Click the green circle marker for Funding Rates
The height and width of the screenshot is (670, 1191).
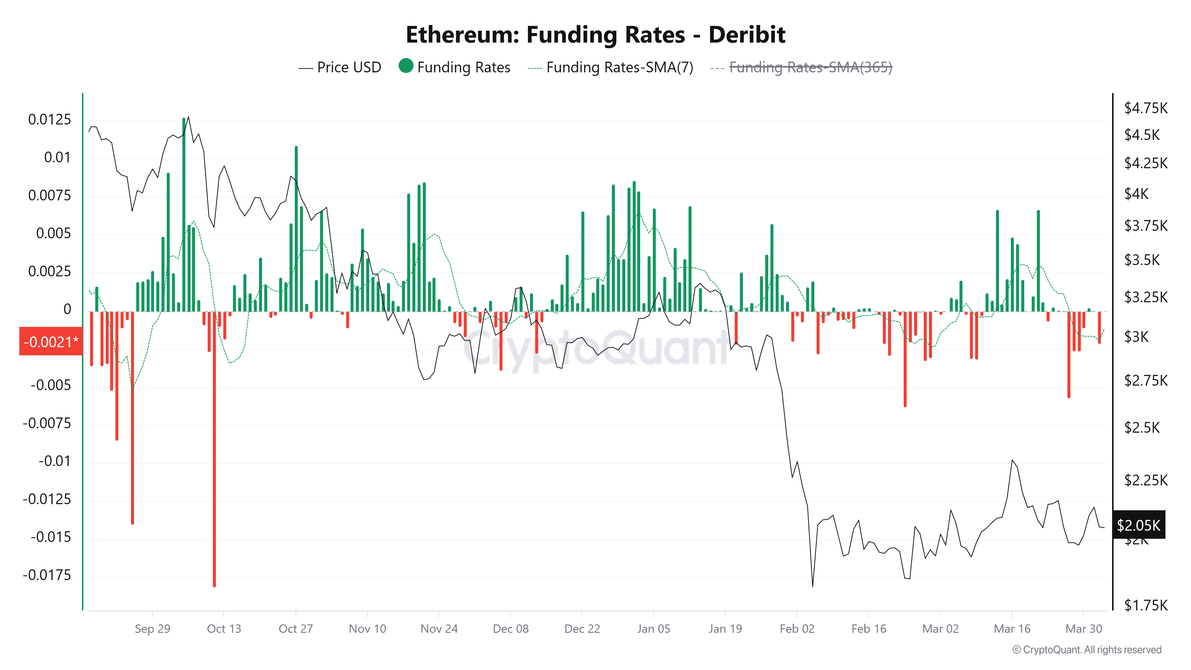[406, 66]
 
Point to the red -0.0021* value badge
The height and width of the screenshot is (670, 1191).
[51, 342]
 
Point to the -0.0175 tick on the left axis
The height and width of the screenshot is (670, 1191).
[47, 575]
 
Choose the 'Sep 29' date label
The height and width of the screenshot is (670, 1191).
[152, 629]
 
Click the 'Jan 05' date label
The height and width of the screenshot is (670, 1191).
[653, 629]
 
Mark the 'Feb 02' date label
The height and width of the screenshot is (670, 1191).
[796, 629]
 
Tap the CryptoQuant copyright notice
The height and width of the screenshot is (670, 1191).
[1086, 650]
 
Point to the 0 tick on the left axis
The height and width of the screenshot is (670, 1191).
[68, 309]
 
